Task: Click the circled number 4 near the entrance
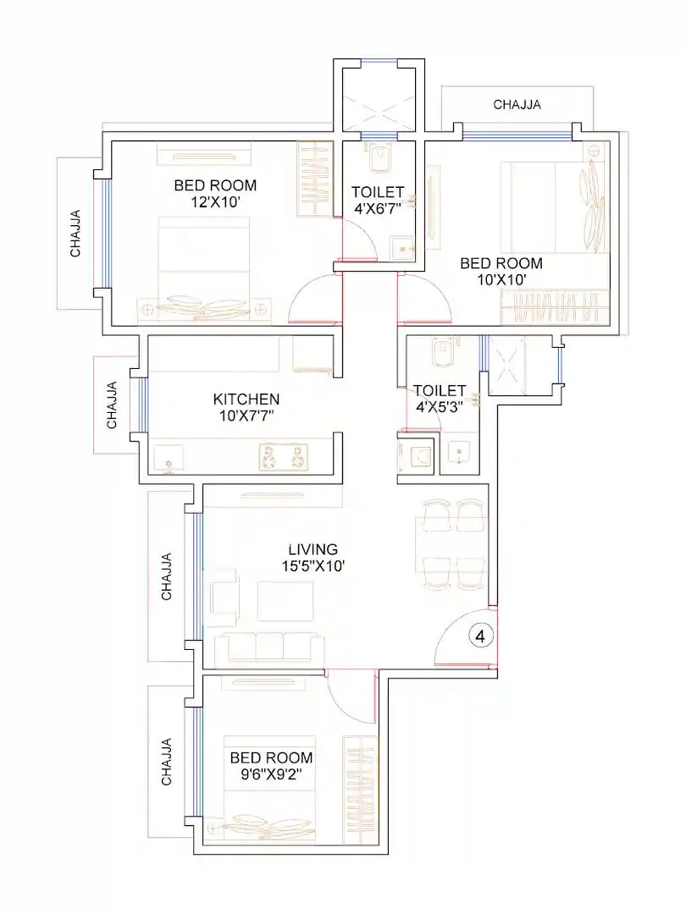click(480, 636)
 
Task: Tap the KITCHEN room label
click(246, 399)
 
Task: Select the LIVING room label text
click(313, 549)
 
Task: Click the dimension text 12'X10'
click(215, 203)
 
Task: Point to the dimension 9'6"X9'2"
click(271, 774)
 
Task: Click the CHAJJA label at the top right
click(517, 105)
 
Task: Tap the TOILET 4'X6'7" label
click(378, 200)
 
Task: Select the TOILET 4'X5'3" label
click(440, 398)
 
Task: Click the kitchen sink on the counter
click(168, 457)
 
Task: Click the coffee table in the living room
click(285, 601)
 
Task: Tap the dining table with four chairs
click(452, 542)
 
